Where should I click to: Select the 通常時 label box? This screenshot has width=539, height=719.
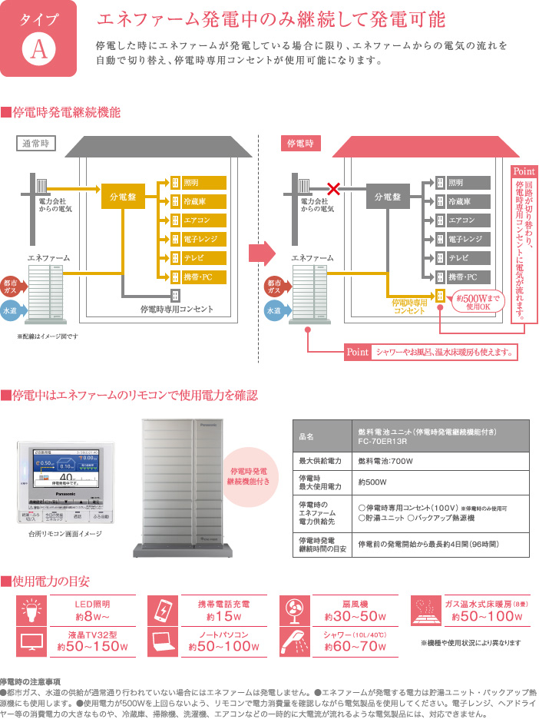(35, 143)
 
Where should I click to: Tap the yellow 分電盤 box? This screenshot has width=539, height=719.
(123, 197)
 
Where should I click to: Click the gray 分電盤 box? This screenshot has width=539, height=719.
(388, 197)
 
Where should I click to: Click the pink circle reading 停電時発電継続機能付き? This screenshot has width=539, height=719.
(248, 475)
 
